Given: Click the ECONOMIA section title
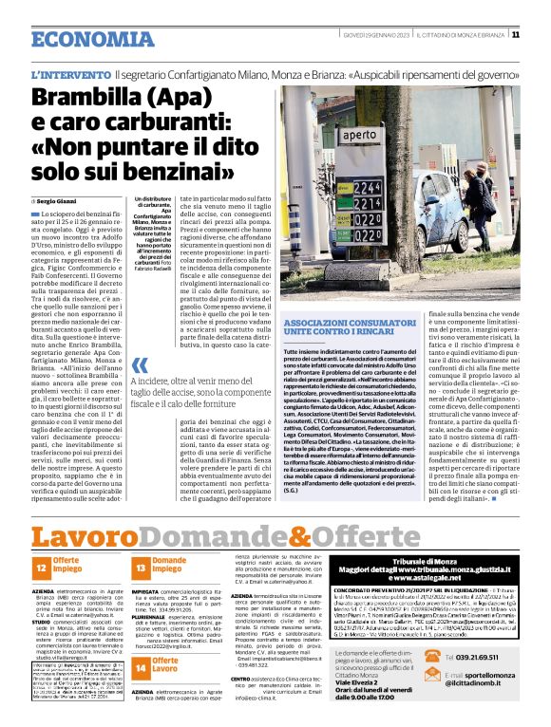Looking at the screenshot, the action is tap(85, 39).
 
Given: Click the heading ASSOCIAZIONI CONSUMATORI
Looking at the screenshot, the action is tap(341, 325).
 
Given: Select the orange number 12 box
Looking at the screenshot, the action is tap(43, 568).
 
